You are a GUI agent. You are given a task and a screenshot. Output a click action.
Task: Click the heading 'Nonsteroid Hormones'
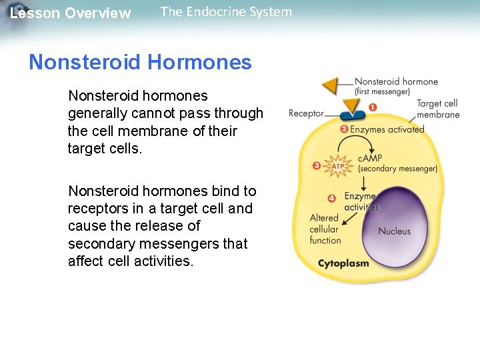coord(140,63)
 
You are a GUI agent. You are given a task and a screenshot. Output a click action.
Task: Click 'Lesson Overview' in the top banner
coord(71,13)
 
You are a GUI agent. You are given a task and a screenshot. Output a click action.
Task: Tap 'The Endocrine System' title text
coord(226,12)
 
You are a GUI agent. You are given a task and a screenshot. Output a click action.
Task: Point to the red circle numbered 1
coord(372,107)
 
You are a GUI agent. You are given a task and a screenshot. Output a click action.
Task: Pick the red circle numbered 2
coord(344,129)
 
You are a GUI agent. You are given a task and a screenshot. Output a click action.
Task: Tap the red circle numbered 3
coord(317,165)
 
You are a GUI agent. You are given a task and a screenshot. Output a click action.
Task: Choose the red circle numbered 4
coord(331,198)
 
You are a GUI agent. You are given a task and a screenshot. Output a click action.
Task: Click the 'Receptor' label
coord(306,113)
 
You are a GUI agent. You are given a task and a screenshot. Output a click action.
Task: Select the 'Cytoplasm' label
coord(343,263)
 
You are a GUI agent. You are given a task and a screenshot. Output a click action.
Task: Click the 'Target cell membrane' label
coord(437,109)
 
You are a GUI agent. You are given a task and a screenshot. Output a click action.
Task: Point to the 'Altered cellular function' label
coord(325,229)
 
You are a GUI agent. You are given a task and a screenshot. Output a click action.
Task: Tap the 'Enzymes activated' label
coord(387,129)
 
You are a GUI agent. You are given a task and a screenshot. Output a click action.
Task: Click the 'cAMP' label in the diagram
coord(370,158)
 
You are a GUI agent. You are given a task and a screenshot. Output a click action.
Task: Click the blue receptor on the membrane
coord(349,115)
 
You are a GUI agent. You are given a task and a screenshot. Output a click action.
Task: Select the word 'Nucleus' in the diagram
coord(395,231)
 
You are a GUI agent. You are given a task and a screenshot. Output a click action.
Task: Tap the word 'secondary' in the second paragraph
coord(103,243)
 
